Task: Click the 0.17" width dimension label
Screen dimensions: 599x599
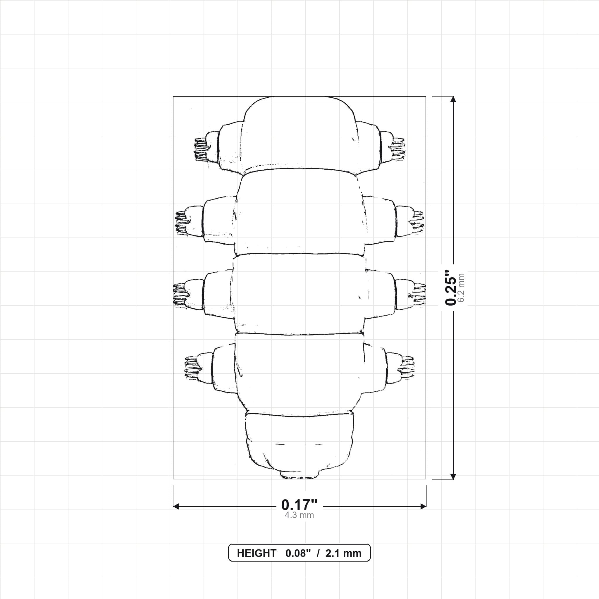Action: click(299, 505)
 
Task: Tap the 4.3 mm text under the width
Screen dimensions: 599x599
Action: click(299, 515)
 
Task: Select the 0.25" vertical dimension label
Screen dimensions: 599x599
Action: click(450, 288)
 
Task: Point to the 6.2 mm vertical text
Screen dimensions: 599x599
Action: click(461, 288)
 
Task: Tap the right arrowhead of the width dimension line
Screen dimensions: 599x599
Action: click(423, 506)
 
